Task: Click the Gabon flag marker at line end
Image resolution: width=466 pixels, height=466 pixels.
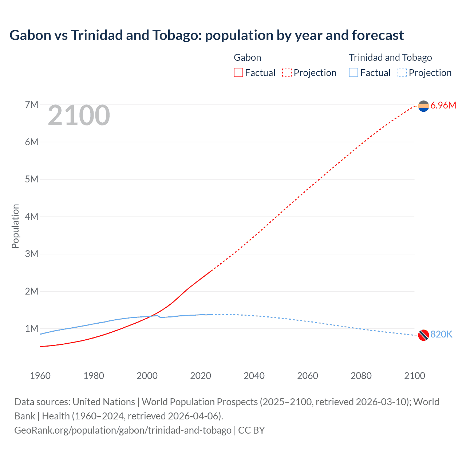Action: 423,106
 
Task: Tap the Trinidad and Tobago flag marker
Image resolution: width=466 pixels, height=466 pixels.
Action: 423,335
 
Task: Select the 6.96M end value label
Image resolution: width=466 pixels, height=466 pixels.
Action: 443,106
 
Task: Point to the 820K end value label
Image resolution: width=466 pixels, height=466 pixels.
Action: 441,335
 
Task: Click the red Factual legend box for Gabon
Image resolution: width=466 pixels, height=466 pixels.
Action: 238,73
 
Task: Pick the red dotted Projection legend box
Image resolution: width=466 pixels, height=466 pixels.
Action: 287,73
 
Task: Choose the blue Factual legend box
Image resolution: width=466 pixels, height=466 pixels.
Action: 354,73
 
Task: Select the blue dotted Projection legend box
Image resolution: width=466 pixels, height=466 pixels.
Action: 402,73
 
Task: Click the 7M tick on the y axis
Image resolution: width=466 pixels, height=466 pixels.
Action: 32,105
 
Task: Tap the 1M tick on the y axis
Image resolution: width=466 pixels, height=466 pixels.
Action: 32,329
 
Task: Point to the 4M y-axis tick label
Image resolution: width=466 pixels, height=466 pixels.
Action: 32,217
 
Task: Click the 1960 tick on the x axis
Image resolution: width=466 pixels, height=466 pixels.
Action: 40,376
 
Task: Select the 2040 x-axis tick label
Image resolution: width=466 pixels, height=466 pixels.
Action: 254,376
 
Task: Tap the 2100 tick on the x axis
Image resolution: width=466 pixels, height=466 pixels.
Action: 415,376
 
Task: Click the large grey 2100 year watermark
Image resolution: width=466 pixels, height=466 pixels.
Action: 79,115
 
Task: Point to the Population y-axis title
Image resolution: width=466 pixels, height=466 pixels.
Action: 15,226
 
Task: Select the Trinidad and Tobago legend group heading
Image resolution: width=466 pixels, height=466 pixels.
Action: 390,58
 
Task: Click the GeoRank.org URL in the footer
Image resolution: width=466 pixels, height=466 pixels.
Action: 123,430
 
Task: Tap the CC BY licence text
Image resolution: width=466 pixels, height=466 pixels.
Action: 252,430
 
